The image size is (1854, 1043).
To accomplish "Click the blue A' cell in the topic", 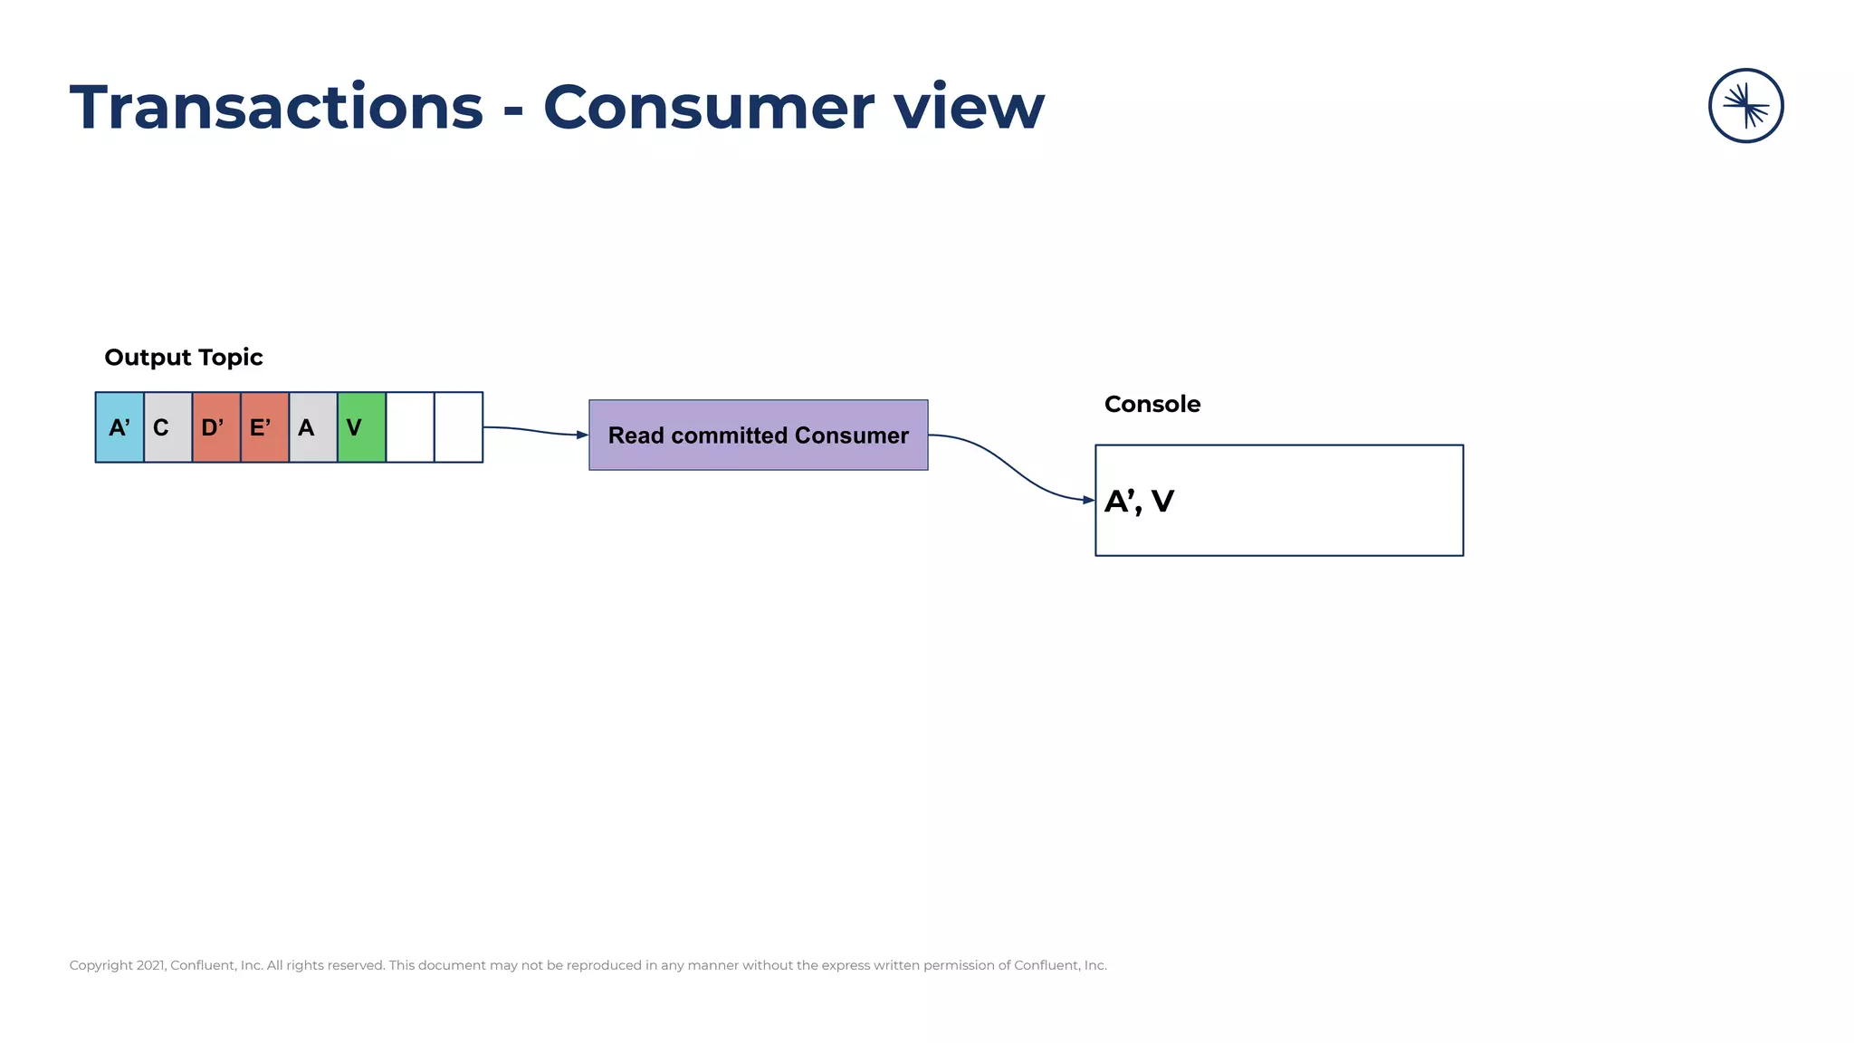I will [x=119, y=427].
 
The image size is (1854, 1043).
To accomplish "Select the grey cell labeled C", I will [x=167, y=427].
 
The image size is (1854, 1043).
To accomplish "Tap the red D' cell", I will [x=215, y=427].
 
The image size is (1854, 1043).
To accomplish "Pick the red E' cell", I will [x=264, y=427].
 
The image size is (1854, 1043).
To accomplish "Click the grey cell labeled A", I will [x=312, y=427].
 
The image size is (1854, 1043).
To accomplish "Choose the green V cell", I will [x=361, y=427].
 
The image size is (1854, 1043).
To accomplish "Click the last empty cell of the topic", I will [x=458, y=427].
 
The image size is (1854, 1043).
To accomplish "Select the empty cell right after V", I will [x=410, y=427].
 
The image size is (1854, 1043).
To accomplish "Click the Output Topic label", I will [x=184, y=358].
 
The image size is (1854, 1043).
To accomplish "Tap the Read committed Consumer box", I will [x=758, y=435].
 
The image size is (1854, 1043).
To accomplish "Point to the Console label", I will [x=1152, y=405].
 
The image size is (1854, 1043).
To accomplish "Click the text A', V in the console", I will [x=1139, y=502].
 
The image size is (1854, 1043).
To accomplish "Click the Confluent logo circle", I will [x=1745, y=106].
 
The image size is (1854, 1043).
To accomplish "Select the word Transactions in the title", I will [x=276, y=108].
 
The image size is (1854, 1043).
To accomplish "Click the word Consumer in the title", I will [x=709, y=108].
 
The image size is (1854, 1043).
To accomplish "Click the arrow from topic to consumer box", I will [x=536, y=431].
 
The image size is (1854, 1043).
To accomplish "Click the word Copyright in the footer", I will [x=100, y=965].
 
